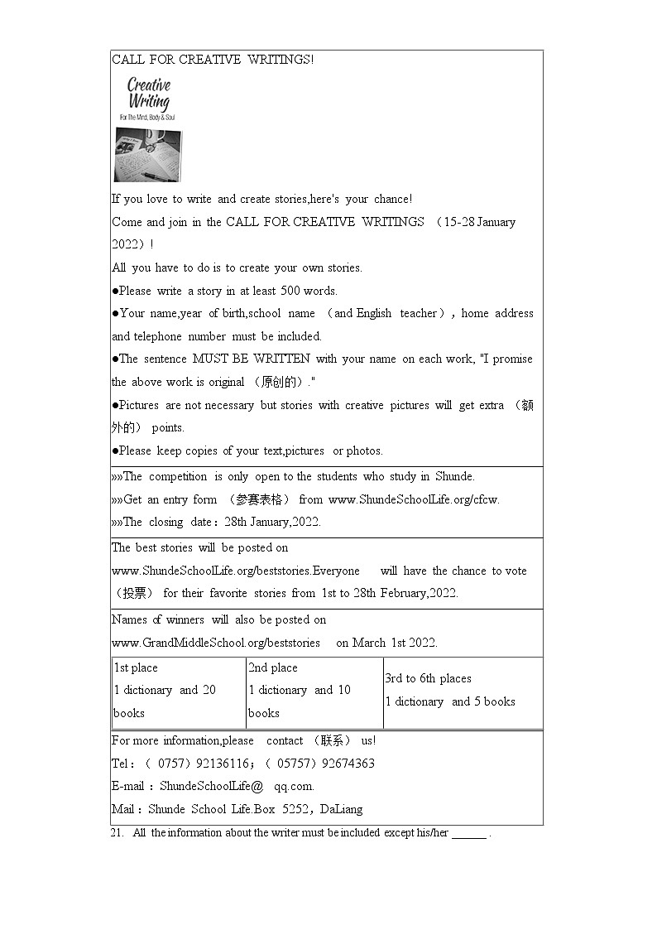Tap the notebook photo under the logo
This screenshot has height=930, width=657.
click(148, 155)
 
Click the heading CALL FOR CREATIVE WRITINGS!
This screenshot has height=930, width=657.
click(213, 60)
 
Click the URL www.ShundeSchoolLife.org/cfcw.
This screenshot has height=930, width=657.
click(414, 499)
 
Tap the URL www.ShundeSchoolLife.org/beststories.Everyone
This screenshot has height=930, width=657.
click(236, 571)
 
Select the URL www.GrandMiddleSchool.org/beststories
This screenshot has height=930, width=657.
click(216, 643)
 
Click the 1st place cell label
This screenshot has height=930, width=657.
click(136, 667)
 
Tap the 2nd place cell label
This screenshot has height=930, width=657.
click(273, 667)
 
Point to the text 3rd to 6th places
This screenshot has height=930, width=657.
click(428, 678)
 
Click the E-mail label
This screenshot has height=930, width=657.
click(128, 786)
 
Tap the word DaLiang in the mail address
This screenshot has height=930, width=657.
click(341, 809)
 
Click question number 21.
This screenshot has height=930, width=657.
click(117, 832)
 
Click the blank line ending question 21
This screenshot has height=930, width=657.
click(469, 835)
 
